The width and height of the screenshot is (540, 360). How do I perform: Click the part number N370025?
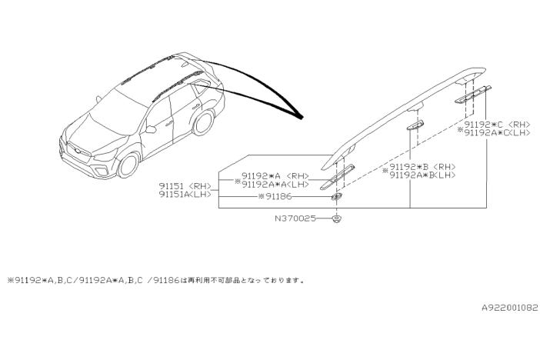[x=294, y=219]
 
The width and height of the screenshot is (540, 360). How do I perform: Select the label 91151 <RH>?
[x=185, y=185]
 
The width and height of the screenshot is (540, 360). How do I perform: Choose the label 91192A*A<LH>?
[x=274, y=185]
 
